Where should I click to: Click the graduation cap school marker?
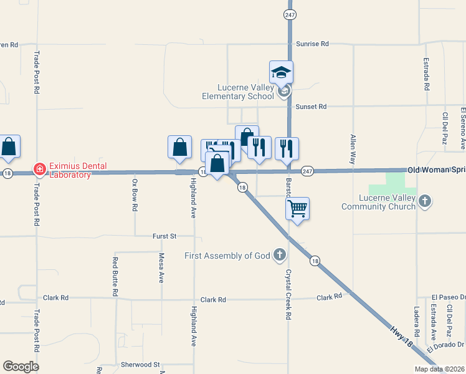pos(281,72)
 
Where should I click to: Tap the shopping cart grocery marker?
pos(298,209)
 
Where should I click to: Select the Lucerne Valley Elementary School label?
pos(237,92)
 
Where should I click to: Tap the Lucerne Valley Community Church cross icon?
pos(424,201)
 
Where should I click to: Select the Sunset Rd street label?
pos(311,107)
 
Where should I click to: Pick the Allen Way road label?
pos(353,149)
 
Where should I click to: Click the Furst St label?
pos(165,236)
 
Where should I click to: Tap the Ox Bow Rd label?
pos(135,194)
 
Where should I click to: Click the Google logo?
pos(21,367)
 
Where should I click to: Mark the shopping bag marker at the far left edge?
pos(9,146)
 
